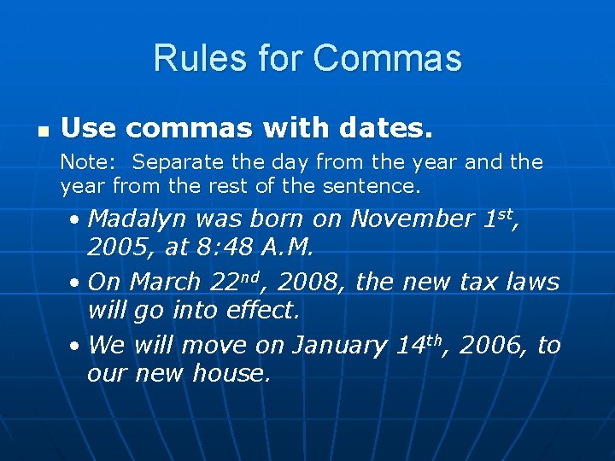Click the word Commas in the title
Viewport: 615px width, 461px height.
[x=387, y=58]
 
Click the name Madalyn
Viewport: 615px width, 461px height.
[x=137, y=219]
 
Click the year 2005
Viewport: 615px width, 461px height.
[x=114, y=248]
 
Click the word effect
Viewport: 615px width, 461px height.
[x=264, y=310]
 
